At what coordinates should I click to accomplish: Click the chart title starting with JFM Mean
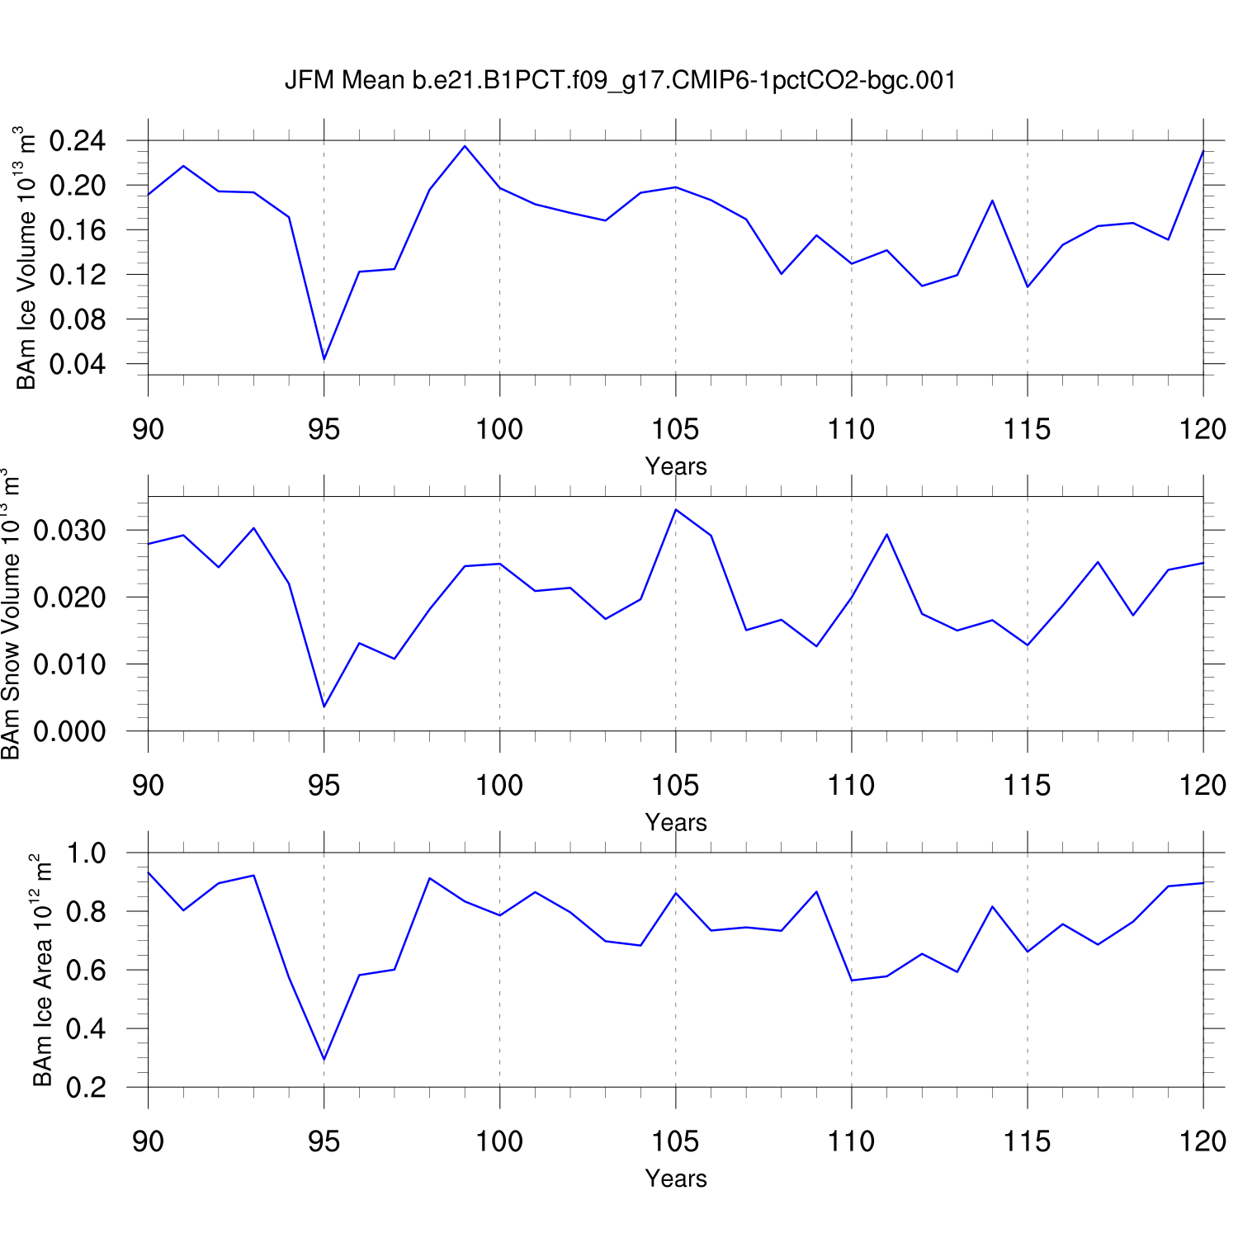620,80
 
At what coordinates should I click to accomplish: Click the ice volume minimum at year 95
324,359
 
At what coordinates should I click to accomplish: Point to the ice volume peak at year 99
465,146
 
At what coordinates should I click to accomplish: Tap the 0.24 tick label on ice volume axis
78,141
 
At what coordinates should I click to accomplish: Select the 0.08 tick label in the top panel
78,319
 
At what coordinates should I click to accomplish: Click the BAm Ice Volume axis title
26,258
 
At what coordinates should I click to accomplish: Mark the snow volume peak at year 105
676,509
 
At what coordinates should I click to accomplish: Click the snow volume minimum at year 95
324,706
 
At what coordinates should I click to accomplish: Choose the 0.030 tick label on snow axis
69,530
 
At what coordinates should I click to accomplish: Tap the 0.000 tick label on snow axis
69,731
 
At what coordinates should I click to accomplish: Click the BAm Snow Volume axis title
12,615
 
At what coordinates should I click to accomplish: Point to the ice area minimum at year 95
324,1059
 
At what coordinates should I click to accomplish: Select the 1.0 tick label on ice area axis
86,853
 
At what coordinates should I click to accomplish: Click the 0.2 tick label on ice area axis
86,1088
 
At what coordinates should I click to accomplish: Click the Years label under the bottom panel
676,1178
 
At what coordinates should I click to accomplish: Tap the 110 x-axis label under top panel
851,429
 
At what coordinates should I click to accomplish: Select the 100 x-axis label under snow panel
499,785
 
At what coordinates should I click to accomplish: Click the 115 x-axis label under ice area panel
1027,1141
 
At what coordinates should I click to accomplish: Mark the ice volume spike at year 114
992,201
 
